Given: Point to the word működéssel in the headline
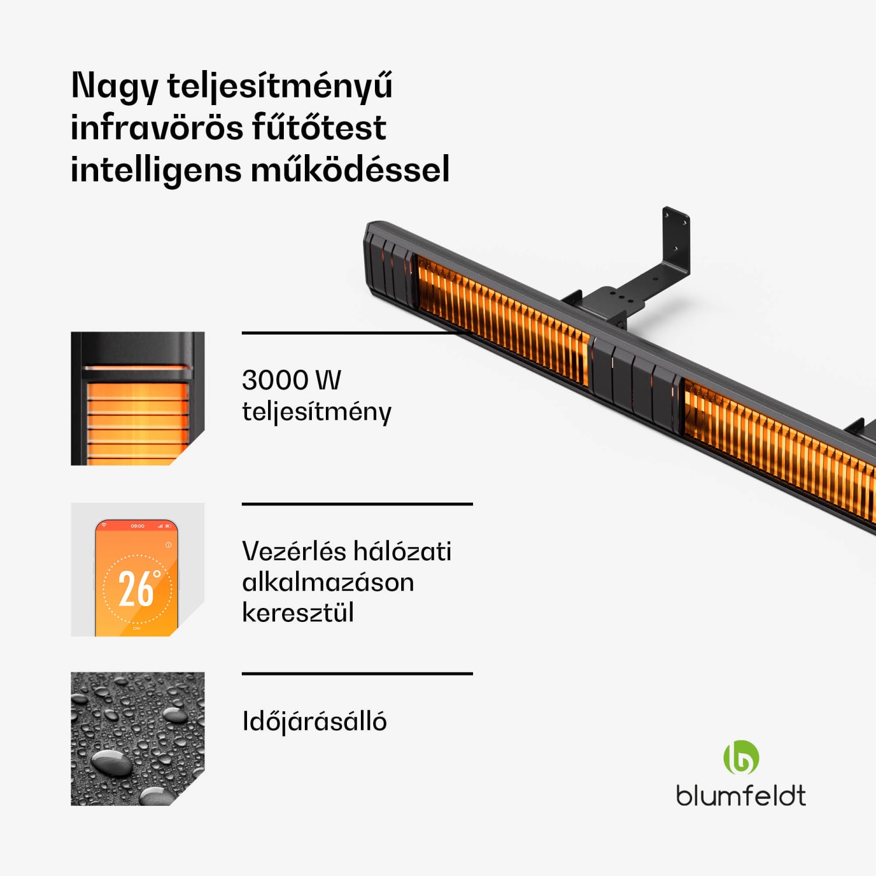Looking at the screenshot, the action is (x=350, y=170).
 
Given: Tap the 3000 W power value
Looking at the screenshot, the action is (x=291, y=380).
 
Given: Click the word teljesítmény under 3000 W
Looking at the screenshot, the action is (x=317, y=412).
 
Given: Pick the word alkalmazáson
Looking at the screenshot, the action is (x=328, y=582).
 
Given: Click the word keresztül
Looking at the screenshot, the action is (x=298, y=613).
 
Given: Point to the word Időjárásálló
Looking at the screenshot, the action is (x=314, y=722).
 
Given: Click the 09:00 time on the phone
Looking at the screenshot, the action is (x=137, y=526).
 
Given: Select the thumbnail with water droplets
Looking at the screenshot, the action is (x=137, y=739).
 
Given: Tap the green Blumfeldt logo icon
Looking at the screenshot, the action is (x=741, y=757).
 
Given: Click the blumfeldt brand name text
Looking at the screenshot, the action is (x=741, y=795).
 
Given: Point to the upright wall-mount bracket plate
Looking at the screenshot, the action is (x=676, y=239).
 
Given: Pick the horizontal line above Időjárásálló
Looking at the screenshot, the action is (x=357, y=674).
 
